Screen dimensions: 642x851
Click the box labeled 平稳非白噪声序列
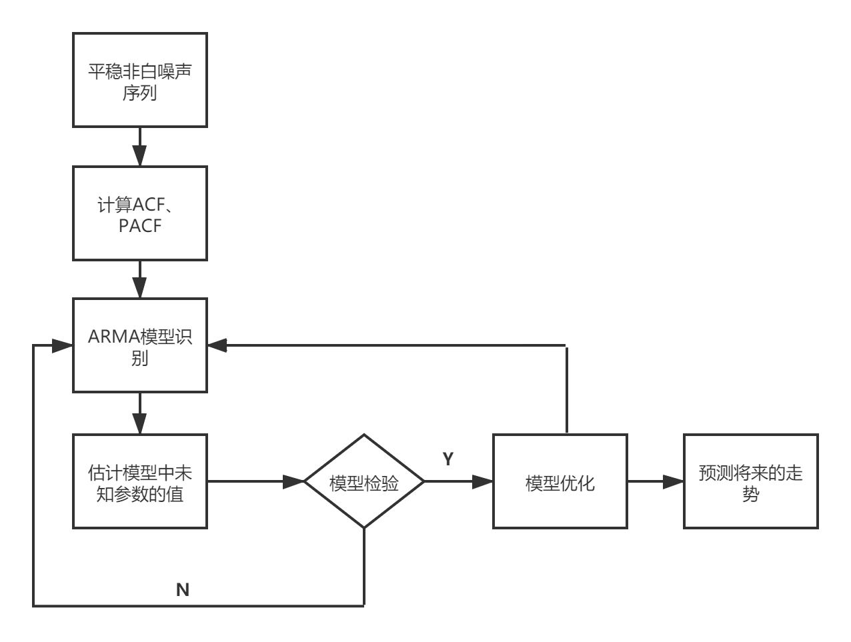[140, 80]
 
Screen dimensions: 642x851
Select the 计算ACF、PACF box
[140, 213]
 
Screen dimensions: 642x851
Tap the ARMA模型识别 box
[140, 345]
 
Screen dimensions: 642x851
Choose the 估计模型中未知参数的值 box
[140, 481]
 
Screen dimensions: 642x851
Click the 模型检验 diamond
[364, 482]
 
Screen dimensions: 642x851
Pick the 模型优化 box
[560, 482]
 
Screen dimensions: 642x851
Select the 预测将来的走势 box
[750, 482]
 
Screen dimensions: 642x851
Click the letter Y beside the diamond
[448, 459]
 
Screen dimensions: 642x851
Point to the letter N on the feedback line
[183, 589]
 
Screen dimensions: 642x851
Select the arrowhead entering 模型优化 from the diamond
[483, 481]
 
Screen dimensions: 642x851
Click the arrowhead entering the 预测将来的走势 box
[674, 481]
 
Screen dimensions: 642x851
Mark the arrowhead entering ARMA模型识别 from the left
[63, 346]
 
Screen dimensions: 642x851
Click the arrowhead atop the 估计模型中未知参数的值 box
[140, 424]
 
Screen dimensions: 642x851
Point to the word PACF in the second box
[140, 226]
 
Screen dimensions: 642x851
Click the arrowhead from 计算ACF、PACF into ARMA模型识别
[140, 289]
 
